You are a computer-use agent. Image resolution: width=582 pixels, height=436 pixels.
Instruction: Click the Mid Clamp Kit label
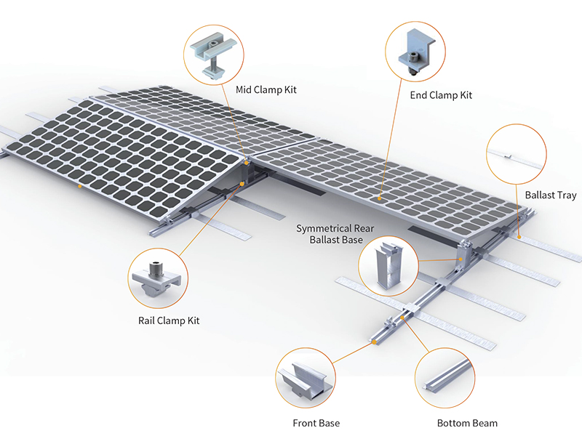266,90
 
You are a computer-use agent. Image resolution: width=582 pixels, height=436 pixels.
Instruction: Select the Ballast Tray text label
550,195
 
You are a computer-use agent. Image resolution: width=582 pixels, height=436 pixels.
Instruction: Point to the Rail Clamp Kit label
169,320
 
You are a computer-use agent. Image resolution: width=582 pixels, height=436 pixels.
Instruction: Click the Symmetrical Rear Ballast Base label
335,233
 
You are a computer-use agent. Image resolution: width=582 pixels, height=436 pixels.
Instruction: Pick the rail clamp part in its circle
158,277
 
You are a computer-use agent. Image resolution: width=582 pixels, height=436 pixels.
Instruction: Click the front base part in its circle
306,379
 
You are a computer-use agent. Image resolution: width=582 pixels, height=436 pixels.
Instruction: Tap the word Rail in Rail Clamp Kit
147,320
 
